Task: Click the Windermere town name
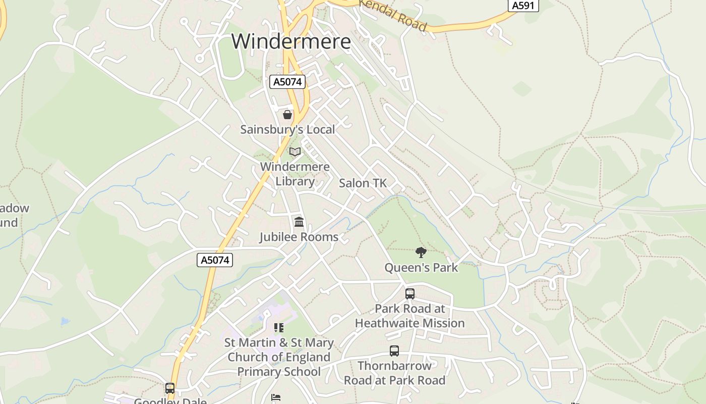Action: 291,41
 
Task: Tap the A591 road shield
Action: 523,6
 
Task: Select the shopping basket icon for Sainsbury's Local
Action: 287,115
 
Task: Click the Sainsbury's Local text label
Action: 287,130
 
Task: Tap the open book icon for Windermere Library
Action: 295,151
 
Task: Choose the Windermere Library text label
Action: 295,174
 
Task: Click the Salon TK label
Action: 363,183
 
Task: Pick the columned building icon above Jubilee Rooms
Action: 299,222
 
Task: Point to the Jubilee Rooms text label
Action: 299,237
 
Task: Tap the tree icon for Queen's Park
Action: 421,252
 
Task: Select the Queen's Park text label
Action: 421,268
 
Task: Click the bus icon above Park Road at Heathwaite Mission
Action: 410,293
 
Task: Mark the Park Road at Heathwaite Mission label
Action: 410,316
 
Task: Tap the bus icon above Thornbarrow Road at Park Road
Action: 394,350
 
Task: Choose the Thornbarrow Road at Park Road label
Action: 395,373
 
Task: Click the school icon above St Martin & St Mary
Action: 279,328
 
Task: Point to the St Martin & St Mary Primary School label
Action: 279,357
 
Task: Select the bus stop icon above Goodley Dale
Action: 170,388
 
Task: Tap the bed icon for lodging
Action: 276,397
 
